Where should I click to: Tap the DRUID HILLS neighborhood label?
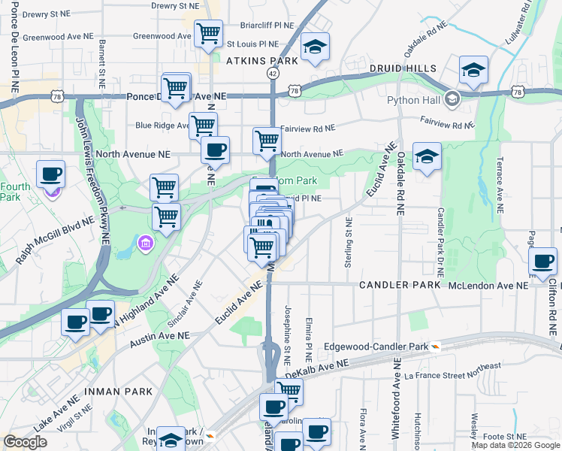[x=403, y=68]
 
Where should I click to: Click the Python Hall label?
[x=412, y=100]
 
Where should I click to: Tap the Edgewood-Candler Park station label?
[x=376, y=347]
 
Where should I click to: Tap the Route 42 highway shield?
[x=272, y=74]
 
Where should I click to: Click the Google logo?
[x=26, y=442]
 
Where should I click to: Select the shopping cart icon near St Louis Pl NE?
[x=208, y=32]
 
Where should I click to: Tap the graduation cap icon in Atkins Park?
[x=315, y=47]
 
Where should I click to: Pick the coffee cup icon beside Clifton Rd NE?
[x=542, y=261]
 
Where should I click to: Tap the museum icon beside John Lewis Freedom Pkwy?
[x=145, y=242]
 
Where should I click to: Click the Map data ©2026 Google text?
[x=515, y=444]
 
